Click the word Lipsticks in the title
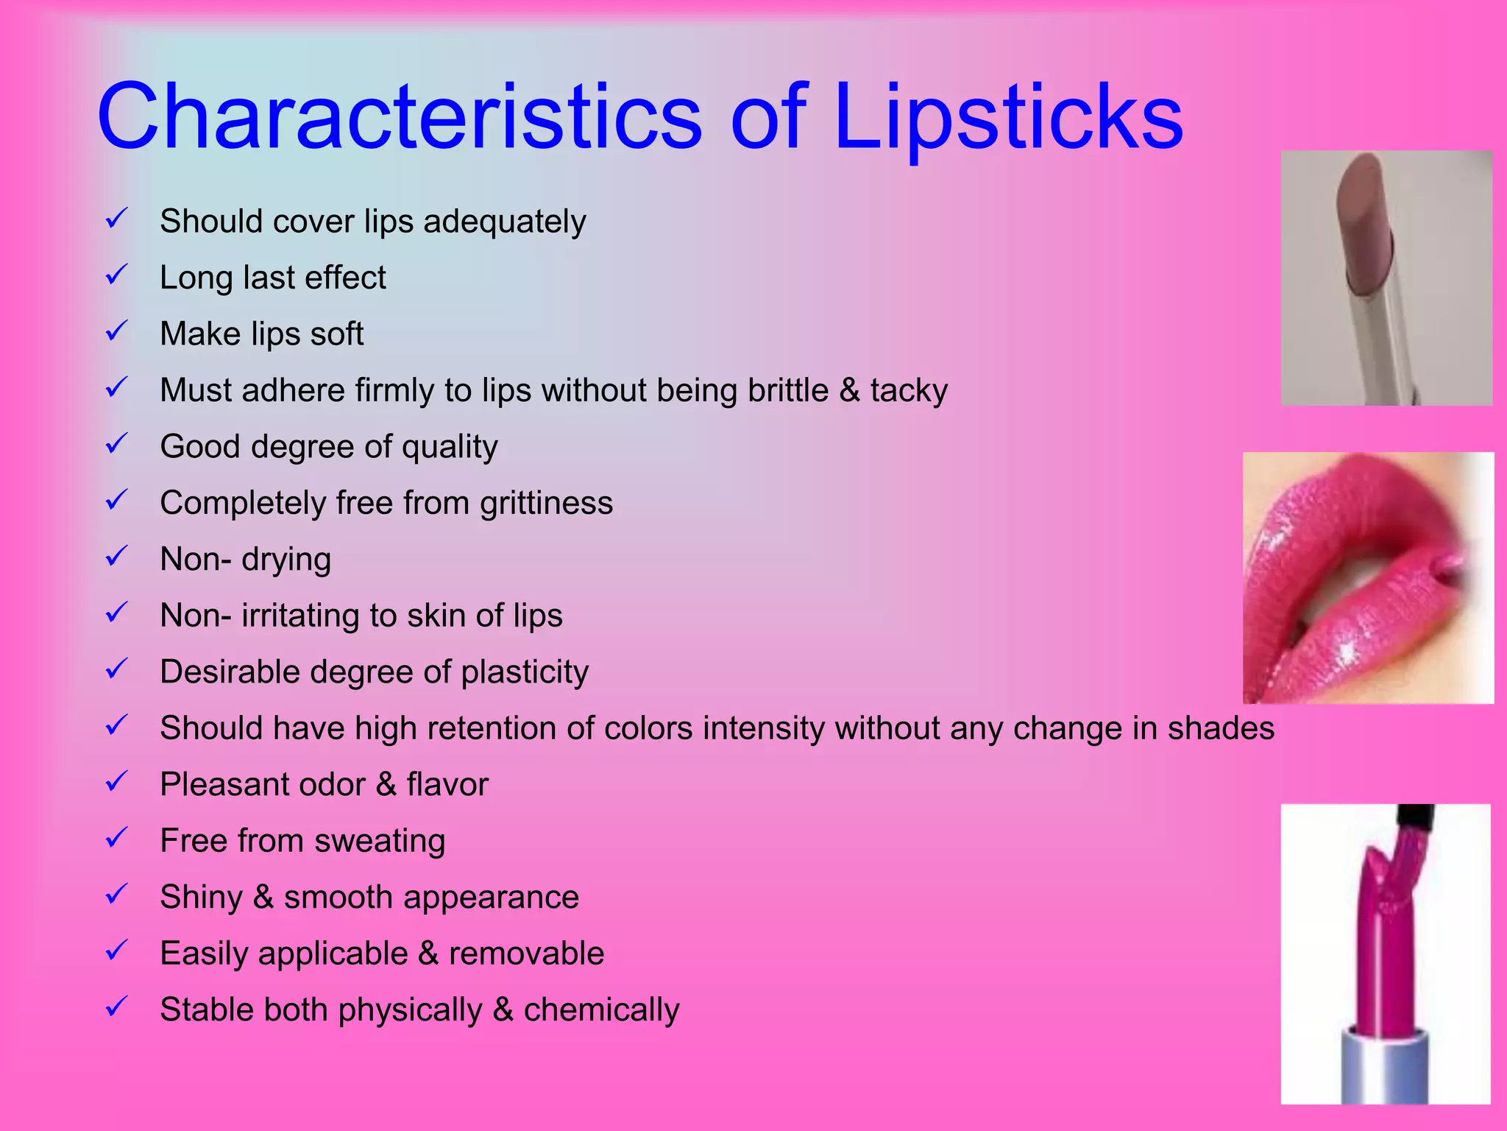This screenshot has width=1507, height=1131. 1008,118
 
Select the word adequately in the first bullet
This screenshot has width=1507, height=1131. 505,222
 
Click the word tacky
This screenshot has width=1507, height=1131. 909,391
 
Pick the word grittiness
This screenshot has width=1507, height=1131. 546,503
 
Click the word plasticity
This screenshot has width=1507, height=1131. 525,672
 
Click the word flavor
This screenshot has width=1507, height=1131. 447,784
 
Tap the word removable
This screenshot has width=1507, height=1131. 526,954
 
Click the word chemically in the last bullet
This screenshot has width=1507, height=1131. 601,1010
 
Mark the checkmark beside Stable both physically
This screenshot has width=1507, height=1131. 117,1007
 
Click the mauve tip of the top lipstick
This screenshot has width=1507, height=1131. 1367,221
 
